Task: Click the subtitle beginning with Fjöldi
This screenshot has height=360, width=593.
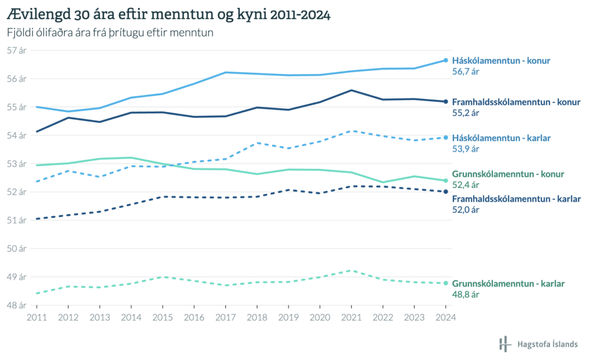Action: point(110,33)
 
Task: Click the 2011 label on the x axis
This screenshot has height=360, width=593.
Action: point(36,317)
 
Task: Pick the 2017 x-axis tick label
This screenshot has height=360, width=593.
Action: point(225,317)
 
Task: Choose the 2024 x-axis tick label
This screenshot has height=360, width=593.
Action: point(445,317)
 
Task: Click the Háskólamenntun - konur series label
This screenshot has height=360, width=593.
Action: point(501,60)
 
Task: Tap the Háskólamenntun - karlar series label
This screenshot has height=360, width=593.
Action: point(501,138)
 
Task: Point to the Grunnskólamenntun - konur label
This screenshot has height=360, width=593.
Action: point(508,174)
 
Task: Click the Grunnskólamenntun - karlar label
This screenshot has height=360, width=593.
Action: point(508,284)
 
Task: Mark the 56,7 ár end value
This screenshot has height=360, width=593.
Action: point(466,72)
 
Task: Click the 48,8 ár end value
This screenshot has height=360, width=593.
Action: point(466,295)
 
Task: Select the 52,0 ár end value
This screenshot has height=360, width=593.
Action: point(466,210)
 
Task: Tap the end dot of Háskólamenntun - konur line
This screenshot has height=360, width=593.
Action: point(445,60)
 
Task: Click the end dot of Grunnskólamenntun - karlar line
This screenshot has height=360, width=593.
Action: point(445,283)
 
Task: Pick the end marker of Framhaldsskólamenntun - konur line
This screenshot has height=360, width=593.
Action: point(445,102)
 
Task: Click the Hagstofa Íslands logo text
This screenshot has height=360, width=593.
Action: point(547,344)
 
